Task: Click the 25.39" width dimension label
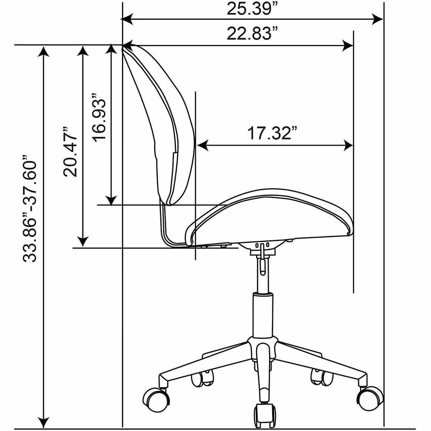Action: [252, 9]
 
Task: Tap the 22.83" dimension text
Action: [252, 34]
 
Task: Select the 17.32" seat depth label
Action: [272, 133]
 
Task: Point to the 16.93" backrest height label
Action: [99, 117]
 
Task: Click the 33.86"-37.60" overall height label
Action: [30, 209]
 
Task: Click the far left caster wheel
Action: [156, 399]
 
